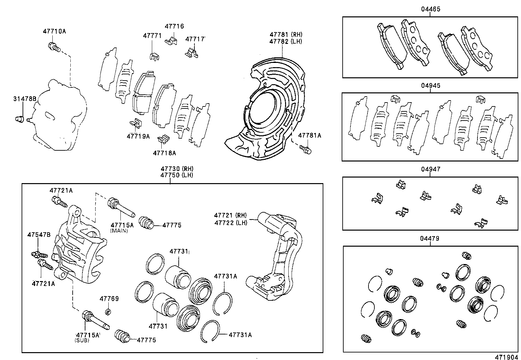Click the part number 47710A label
[54, 31]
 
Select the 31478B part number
[25, 99]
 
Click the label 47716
[174, 26]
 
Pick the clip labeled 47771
[155, 56]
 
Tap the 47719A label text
[138, 136]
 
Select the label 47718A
[164, 153]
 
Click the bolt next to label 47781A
[305, 149]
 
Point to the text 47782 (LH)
[286, 41]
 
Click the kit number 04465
[430, 9]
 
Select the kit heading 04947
[430, 169]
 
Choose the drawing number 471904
[507, 357]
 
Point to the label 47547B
[39, 235]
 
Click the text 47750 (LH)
[177, 175]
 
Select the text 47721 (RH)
[230, 215]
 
